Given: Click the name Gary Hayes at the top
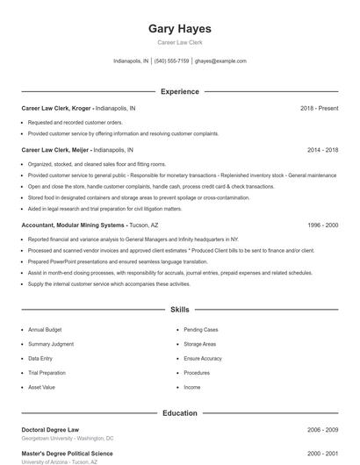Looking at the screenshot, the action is tap(180, 29).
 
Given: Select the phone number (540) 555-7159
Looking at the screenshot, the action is tap(172, 61).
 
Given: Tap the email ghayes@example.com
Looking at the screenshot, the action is tap(220, 61).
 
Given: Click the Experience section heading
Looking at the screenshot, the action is tap(180, 91).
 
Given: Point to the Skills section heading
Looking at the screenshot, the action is tap(180, 310).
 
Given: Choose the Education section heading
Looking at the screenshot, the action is tap(180, 412).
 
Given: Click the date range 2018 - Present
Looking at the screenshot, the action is tap(319, 108).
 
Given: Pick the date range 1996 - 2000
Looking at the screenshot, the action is tap(322, 225).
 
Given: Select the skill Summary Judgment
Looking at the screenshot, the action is tap(51, 344).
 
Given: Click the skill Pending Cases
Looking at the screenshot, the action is tap(201, 329).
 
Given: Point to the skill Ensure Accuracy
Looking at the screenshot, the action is tap(203, 358).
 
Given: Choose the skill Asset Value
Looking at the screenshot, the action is tap(41, 387).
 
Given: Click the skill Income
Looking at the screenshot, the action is tap(192, 387).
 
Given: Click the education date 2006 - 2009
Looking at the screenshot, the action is tap(322, 430).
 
